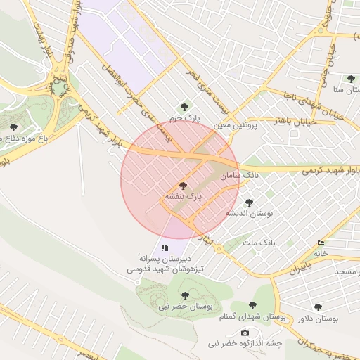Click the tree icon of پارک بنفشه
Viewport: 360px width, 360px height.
click(184, 186)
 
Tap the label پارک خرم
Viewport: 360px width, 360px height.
click(184, 118)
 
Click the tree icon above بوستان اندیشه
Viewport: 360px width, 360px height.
click(248, 202)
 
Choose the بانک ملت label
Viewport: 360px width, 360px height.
click(259, 242)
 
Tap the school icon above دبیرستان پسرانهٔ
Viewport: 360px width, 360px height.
click(165, 247)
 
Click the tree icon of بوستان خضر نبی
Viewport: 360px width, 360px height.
click(185, 295)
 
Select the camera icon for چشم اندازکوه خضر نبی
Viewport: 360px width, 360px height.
click(245, 333)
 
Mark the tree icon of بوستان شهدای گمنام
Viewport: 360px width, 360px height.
click(252, 305)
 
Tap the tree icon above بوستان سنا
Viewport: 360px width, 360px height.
click(350, 79)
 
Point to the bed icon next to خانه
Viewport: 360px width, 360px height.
click(321, 243)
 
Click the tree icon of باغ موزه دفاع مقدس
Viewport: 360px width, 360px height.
click(13, 127)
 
